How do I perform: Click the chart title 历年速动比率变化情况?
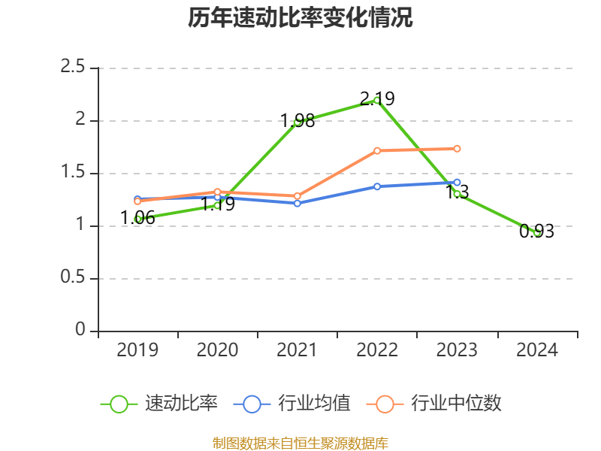pos(300,18)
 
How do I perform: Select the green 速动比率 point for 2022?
pos(377,100)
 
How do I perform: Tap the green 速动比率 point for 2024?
pos(537,232)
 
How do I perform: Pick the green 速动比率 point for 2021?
pos(297,121)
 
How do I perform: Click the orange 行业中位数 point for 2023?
pos(457,148)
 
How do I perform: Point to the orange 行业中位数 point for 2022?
pos(377,150)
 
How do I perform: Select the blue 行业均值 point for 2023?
pos(457,182)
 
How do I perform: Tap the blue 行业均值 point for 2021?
pos(297,203)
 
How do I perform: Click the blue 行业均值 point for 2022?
pos(377,186)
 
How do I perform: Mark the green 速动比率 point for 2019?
pos(138,219)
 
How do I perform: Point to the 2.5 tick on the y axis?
pos(74,68)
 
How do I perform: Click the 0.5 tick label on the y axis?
pos(74,278)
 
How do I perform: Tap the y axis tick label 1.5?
pos(74,173)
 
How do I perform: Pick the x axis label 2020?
pos(218,350)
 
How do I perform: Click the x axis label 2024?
pos(537,350)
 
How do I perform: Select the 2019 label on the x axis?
pos(138,350)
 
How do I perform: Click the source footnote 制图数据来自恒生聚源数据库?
pos(300,443)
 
